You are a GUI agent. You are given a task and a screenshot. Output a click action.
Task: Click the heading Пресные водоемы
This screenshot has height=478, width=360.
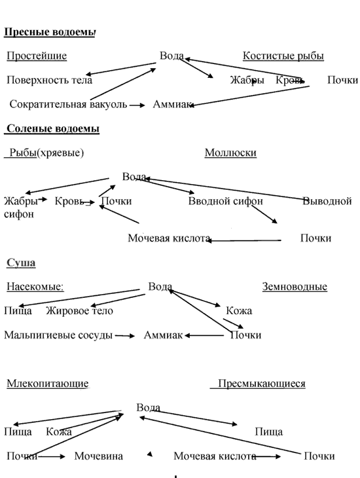point(50,32)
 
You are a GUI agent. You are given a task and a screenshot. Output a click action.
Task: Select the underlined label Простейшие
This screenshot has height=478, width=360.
point(37,56)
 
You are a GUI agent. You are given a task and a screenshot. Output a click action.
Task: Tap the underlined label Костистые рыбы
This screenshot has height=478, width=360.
point(283,56)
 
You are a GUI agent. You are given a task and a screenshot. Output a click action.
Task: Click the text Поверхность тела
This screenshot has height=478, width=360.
point(49,80)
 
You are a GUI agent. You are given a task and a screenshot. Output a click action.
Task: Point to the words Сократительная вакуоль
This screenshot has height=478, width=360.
point(68,104)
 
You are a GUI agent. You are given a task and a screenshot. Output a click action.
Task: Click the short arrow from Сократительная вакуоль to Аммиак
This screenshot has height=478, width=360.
point(137,105)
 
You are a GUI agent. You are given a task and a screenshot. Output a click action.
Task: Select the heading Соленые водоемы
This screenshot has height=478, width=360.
point(53,128)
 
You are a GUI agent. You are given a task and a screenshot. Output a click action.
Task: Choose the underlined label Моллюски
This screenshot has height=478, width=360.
point(230,153)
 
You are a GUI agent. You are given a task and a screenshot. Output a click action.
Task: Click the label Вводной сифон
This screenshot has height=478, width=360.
point(226,201)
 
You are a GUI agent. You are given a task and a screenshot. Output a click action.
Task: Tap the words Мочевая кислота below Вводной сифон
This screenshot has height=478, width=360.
point(169,238)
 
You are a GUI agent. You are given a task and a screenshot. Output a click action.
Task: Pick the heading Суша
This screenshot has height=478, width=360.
point(21,263)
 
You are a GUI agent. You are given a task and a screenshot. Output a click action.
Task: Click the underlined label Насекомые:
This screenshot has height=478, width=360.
point(35,287)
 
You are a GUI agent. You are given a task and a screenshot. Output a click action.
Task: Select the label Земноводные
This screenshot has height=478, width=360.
point(295,287)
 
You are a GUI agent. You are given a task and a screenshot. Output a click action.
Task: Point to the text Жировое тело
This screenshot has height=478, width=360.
point(80,310)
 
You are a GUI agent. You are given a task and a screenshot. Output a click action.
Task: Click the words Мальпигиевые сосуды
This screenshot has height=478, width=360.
point(58,335)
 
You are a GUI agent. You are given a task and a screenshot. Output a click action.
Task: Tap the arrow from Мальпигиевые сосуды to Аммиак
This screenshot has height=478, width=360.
point(124,336)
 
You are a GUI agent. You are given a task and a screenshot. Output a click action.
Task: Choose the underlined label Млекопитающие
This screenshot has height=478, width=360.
point(48,383)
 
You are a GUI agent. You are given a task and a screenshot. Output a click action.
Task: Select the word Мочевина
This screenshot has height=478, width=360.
point(99,456)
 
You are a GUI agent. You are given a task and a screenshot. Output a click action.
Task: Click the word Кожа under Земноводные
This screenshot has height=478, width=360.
point(239,310)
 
